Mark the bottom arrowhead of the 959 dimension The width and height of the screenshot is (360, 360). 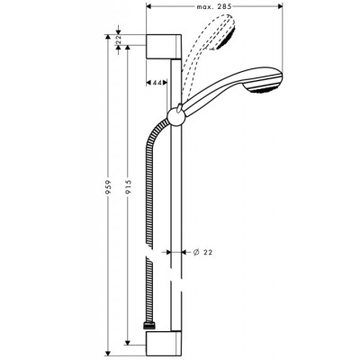point(109,347)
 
